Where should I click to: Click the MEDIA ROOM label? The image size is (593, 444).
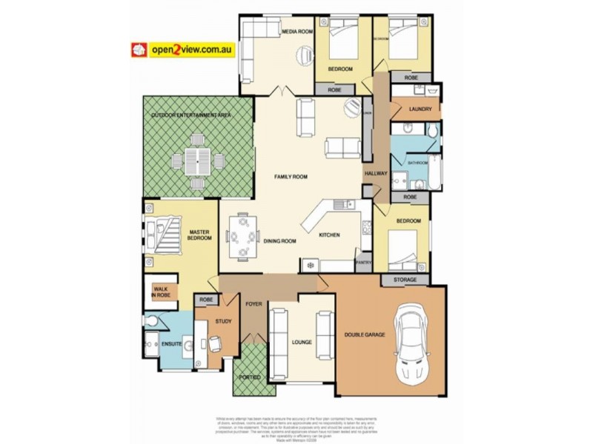click(x=296, y=33)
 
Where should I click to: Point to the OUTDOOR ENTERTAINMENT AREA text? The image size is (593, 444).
click(x=191, y=116)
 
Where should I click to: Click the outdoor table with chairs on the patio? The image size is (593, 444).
click(x=198, y=160)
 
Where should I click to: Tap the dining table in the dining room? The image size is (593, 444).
click(x=240, y=237)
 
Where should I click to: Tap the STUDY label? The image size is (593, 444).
click(x=223, y=322)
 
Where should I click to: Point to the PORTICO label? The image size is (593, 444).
click(x=249, y=377)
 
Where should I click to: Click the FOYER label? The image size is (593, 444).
click(x=254, y=303)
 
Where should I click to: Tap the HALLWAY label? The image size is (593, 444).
click(x=376, y=173)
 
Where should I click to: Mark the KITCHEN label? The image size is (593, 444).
click(x=329, y=235)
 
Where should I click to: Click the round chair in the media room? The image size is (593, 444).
click(x=305, y=55)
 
